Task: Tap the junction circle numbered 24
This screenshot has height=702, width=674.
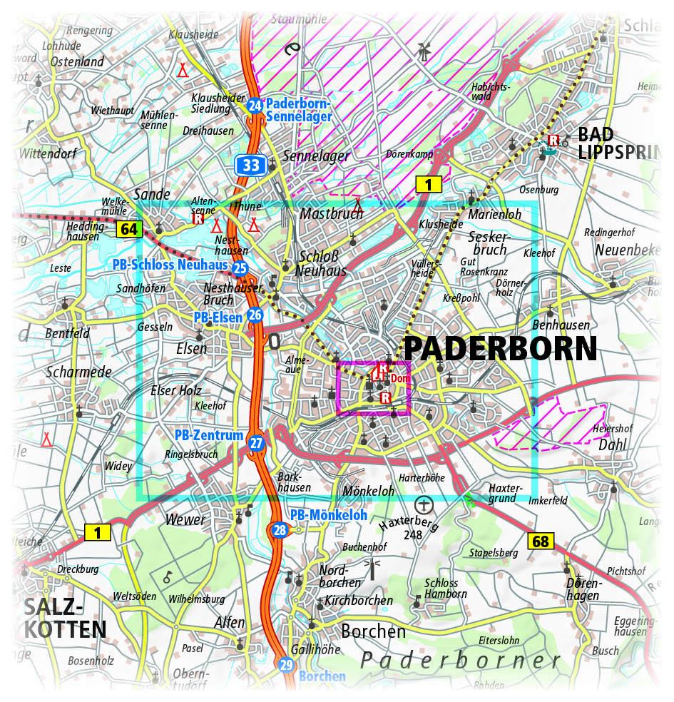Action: [x=254, y=106]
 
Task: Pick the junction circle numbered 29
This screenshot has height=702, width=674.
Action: [x=287, y=665]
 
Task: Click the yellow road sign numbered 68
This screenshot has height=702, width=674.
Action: [x=541, y=541]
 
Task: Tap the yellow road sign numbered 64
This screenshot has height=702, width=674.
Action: [x=129, y=229]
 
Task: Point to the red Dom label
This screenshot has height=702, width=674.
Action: [x=400, y=379]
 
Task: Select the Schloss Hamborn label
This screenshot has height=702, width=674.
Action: [x=445, y=589]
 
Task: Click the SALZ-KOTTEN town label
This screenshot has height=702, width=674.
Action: [x=64, y=618]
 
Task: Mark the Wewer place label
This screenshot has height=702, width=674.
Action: [x=185, y=519]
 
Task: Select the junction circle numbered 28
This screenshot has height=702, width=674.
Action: [x=280, y=529]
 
